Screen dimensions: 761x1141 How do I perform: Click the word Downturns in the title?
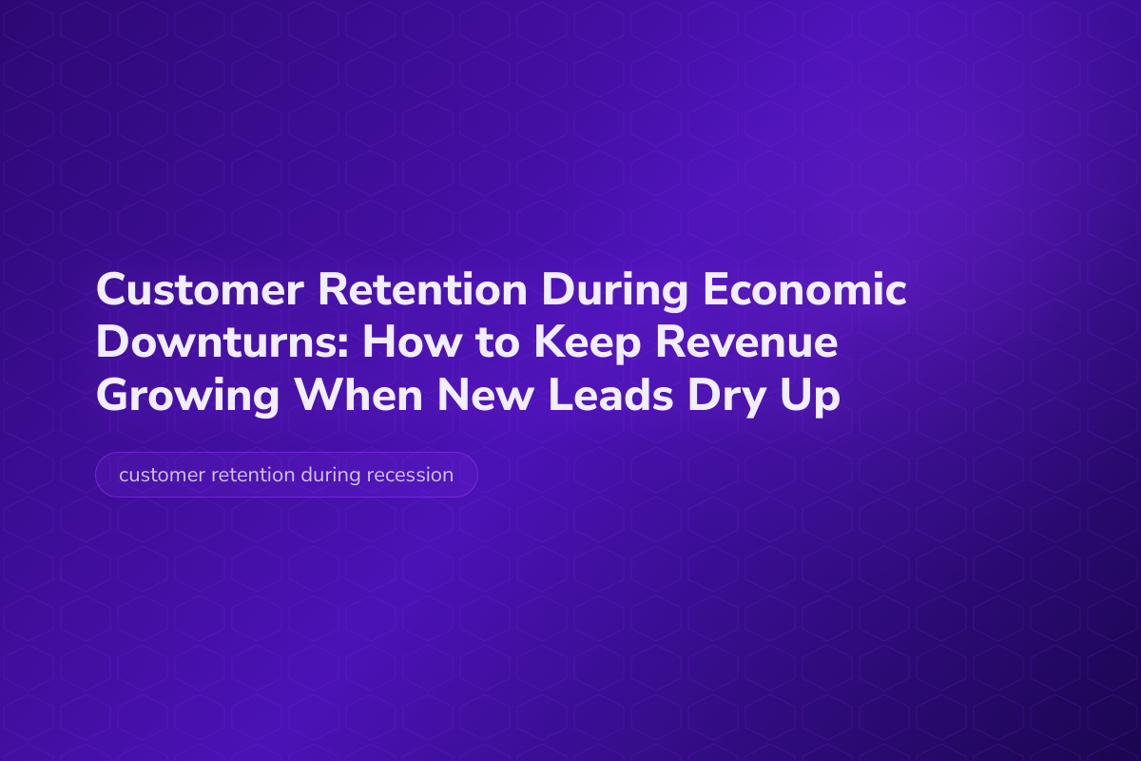pyautogui.click(x=216, y=343)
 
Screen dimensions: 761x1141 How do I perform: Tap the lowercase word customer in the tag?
pyautogui.click(x=158, y=475)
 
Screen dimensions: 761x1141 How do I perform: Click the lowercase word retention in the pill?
pyautogui.click(x=250, y=475)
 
